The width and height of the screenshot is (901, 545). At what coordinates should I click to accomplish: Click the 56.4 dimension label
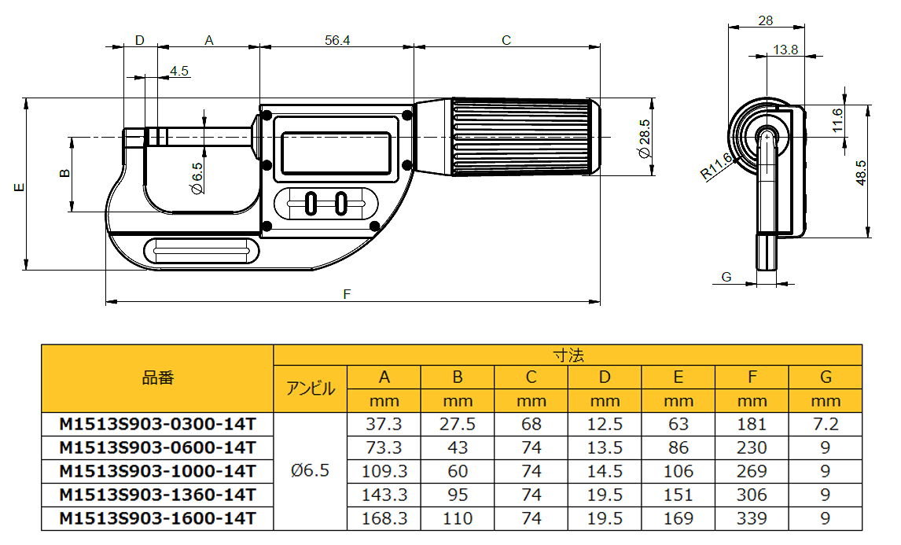click(x=336, y=40)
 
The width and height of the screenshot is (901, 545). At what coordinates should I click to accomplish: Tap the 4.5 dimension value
click(x=178, y=71)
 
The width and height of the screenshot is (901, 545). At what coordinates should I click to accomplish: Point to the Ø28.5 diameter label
click(x=644, y=138)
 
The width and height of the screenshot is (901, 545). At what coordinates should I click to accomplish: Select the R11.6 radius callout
click(x=716, y=166)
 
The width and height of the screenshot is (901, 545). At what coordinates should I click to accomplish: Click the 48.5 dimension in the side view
click(x=860, y=172)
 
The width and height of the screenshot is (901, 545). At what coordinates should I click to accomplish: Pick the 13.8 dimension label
click(x=785, y=50)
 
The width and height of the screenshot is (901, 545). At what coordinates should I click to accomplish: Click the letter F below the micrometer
click(x=347, y=294)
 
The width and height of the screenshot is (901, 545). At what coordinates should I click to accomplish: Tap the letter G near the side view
click(x=726, y=277)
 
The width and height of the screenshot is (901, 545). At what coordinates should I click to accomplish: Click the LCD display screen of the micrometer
click(x=336, y=153)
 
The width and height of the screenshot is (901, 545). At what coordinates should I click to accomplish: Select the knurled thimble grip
click(x=522, y=137)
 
